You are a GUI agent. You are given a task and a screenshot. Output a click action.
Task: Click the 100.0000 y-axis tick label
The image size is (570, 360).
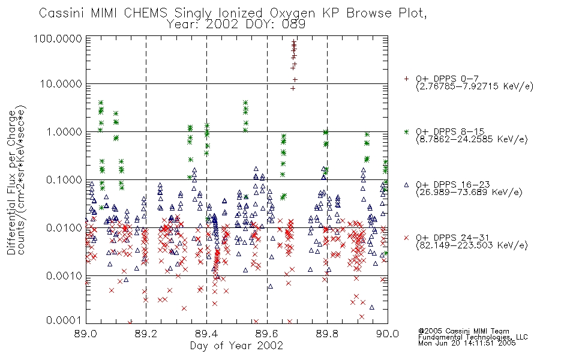pos(58,38)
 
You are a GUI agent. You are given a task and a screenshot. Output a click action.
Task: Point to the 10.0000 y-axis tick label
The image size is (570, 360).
pos(61,83)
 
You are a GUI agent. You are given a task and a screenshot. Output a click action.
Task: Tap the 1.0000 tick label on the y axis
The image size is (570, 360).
pos(64,131)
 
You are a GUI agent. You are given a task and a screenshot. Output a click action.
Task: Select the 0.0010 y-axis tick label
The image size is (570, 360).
pos(64,275)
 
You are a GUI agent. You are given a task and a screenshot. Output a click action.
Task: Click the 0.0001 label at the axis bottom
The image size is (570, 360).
pos(64,320)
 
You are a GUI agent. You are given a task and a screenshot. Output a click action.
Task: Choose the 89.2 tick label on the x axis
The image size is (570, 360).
pos(146,334)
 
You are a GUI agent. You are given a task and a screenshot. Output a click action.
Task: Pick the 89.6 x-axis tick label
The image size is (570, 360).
pos(267,334)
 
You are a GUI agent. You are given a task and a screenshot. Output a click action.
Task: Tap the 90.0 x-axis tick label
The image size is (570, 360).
pos(388,334)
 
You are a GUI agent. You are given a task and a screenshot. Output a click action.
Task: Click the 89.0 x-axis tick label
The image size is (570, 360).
pos(85,334)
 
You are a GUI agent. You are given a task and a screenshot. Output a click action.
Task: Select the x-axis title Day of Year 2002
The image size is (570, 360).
pos(236,345)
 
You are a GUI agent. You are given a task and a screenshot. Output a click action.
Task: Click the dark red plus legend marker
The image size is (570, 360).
pos(406,79)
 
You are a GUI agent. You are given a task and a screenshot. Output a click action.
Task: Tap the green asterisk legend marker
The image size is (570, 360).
pos(406,131)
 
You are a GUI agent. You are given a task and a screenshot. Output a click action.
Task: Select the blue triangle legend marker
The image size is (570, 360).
pos(406,185)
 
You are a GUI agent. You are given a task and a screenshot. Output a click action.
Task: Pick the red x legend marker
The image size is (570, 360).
pos(406,238)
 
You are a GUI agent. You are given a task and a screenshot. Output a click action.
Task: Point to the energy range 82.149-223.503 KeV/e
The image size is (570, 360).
pos(472,245)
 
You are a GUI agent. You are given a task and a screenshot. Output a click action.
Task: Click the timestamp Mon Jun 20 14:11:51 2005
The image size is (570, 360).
pos(467,343)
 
